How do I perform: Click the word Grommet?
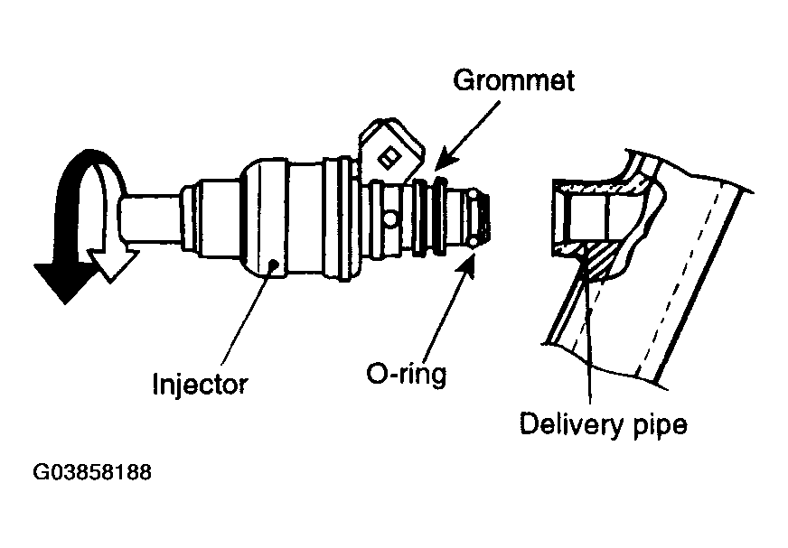click(x=513, y=80)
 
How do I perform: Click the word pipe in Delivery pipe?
click(x=661, y=425)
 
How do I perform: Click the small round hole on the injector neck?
click(x=389, y=218)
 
